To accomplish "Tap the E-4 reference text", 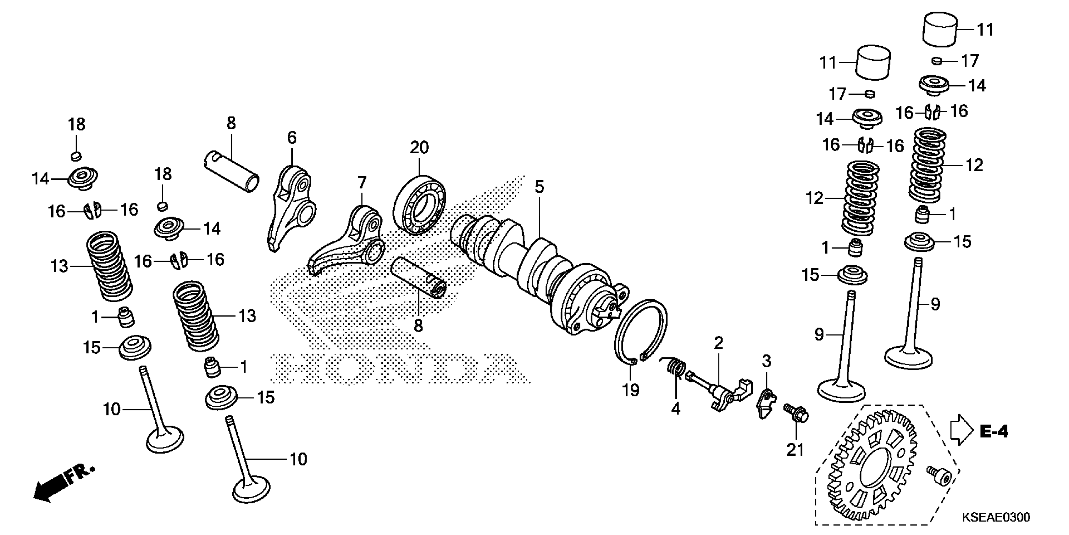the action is pos(994,432).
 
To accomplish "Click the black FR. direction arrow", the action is pos(52,488).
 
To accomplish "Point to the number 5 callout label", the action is pos(539,187).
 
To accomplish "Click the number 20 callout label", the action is pos(419,148).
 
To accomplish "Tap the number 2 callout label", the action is pos(718,343).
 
